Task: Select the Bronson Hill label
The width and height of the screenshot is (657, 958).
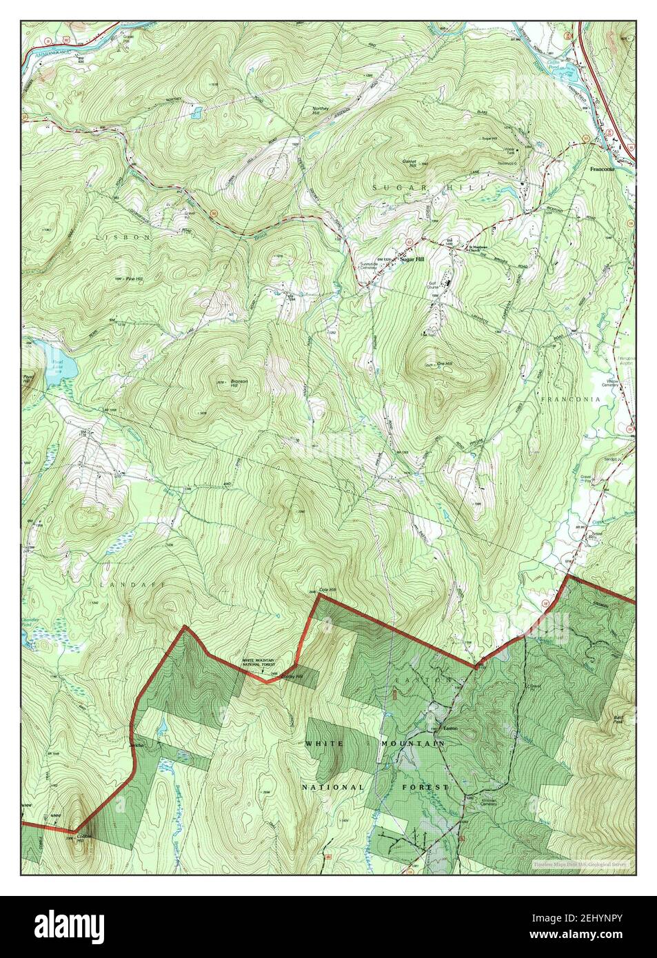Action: pyautogui.click(x=239, y=383)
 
